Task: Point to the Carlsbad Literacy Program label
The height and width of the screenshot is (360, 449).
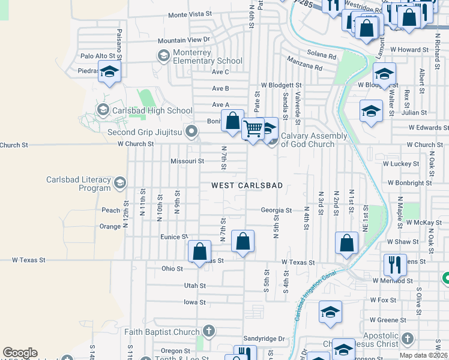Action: (79, 184)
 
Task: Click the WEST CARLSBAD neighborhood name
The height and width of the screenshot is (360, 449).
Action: (247, 186)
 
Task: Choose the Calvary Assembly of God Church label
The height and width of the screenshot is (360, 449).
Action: (314, 140)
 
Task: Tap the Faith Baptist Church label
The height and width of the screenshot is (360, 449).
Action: (162, 332)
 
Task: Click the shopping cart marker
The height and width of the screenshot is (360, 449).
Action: (253, 129)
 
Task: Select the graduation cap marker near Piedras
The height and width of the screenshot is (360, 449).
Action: (109, 72)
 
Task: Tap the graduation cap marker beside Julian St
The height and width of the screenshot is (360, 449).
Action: (371, 111)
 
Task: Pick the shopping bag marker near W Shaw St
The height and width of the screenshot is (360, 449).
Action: (347, 242)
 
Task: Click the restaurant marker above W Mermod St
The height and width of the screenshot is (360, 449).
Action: (395, 264)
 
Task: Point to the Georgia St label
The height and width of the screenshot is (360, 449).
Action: (276, 211)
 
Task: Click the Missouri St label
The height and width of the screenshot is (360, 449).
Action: (187, 161)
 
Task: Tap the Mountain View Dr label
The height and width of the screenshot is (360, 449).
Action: (186, 40)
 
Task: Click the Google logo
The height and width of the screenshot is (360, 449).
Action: (20, 353)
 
